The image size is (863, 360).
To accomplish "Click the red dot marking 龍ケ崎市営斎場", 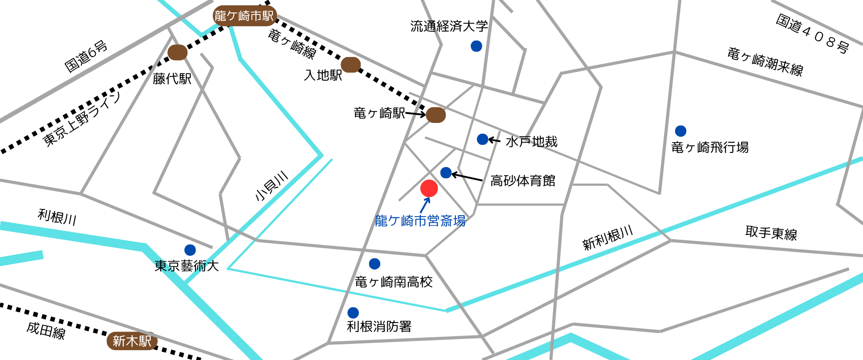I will (x=429, y=188).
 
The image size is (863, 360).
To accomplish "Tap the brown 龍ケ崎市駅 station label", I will (x=244, y=16).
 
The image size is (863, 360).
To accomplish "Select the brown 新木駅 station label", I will (x=132, y=341).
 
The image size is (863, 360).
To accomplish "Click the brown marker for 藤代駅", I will (x=177, y=53).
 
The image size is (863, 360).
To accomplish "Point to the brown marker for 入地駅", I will (x=350, y=65).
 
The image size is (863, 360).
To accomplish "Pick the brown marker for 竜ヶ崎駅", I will (x=436, y=115).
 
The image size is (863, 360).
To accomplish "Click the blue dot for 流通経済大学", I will (x=476, y=46).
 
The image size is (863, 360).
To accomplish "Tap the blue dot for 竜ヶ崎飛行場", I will (x=680, y=131).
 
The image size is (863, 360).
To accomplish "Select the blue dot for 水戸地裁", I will (x=482, y=139).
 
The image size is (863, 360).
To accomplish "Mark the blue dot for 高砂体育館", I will (x=446, y=173).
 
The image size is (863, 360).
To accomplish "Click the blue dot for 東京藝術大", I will (x=190, y=250).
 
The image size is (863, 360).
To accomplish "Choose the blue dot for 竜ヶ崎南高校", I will (x=375, y=264).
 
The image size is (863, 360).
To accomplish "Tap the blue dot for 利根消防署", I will (x=353, y=312).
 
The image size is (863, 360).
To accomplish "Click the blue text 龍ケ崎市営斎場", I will (x=420, y=221).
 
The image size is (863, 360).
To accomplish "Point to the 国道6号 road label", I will (x=86, y=56).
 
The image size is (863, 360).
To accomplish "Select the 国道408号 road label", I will (x=812, y=34).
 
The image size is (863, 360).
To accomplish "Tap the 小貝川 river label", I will (x=271, y=186).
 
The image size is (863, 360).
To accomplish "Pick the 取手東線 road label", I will (x=771, y=233).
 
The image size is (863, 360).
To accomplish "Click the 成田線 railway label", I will (x=46, y=330).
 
